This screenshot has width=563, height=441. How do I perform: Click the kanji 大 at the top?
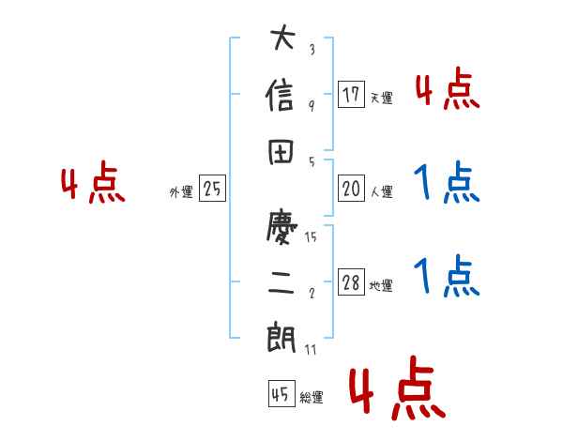click(281, 41)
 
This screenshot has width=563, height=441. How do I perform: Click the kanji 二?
click(281, 282)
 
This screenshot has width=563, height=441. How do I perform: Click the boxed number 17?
click(351, 94)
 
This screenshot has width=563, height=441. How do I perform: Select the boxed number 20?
click(351, 189)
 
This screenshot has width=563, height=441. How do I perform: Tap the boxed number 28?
click(351, 282)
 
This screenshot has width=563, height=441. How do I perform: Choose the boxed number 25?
click(212, 190)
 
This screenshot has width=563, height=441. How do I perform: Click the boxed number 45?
click(279, 394)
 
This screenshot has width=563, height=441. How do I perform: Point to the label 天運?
click(381, 98)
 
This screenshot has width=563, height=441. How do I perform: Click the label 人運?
click(381, 192)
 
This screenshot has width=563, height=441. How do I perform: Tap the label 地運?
click(381, 286)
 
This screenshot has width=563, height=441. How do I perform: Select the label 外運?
click(181, 192)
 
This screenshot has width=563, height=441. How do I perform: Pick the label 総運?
click(312, 398)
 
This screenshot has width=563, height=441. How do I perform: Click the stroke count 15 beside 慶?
click(311, 237)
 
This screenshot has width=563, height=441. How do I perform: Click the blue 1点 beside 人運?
click(446, 183)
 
